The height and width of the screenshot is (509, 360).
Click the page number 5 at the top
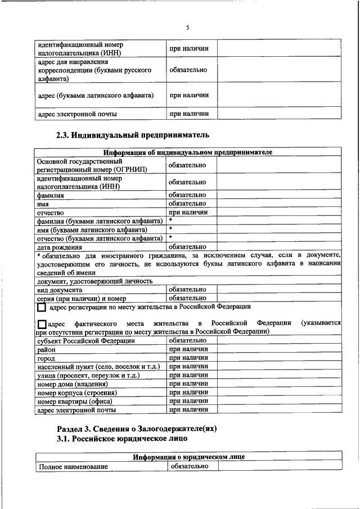pos(188,28)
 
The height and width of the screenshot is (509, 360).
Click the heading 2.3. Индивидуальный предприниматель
pos(133,135)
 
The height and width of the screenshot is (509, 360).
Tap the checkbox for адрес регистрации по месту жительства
pos(41,308)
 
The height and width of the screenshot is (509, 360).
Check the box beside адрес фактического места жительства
pos(41,325)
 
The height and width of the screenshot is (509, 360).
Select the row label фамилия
pos(51,195)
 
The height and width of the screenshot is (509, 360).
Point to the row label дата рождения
pos(60,247)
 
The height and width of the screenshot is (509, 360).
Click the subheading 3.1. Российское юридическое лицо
pos(122,439)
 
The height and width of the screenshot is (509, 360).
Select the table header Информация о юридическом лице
pos(188,457)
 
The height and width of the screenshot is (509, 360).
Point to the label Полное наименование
pos(73,467)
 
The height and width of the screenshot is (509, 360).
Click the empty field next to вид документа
pos(278,289)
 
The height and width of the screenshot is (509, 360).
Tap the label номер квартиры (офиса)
pos(75,402)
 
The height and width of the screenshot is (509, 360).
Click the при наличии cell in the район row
pos(188,349)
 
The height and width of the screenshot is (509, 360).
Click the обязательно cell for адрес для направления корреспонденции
pos(188,70)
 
